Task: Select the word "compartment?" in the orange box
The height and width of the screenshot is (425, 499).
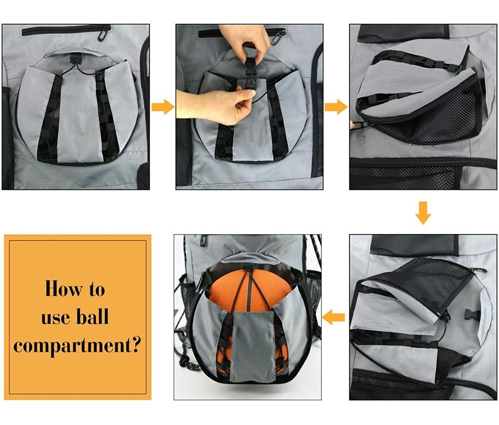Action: pos(77,346)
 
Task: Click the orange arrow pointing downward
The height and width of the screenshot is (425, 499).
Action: pos(423,213)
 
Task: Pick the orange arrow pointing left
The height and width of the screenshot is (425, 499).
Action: pos(333,317)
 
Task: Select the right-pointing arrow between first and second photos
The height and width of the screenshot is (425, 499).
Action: pos(163,107)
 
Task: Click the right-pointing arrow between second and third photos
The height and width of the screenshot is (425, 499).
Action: pos(336,107)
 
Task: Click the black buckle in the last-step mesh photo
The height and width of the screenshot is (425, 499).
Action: pos(472,314)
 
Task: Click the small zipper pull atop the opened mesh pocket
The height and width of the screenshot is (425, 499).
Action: pos(479,271)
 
